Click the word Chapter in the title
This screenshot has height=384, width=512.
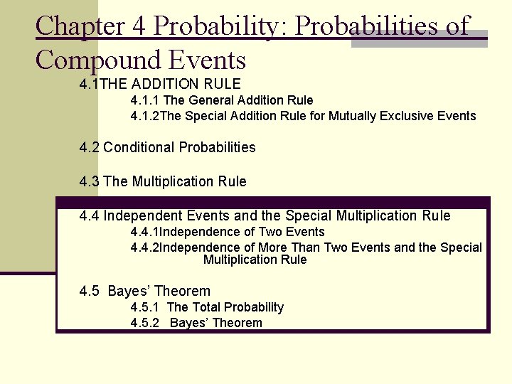[x=81, y=26]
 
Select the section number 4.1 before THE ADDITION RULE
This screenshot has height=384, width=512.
[x=90, y=84]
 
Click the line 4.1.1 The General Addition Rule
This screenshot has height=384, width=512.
[x=222, y=100]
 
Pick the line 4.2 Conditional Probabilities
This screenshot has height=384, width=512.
[x=168, y=147]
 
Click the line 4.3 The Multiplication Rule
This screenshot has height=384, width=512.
[x=163, y=181]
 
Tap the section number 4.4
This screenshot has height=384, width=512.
[x=90, y=215]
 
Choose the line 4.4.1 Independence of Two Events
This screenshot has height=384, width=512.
[x=228, y=232]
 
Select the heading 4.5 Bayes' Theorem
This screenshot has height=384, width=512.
[x=145, y=291]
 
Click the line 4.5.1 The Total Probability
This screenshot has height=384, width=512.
[x=207, y=307]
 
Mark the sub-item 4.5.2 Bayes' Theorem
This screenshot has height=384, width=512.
[x=196, y=323]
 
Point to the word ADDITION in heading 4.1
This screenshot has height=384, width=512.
[x=164, y=84]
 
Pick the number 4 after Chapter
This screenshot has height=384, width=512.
[x=138, y=26]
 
